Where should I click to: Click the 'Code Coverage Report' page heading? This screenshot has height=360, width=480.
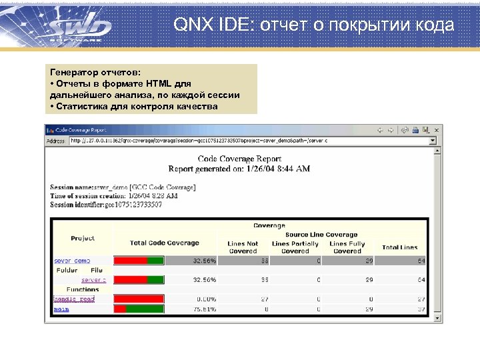(239, 159)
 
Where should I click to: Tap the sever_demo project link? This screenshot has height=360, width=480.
(71, 261)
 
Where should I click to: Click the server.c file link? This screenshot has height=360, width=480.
(93, 280)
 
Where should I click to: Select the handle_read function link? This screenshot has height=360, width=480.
(73, 299)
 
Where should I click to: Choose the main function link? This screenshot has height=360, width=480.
(61, 309)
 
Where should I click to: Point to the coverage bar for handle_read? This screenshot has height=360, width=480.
(139, 299)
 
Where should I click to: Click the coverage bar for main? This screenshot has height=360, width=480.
(139, 309)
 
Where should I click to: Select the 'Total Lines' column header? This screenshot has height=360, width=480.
(399, 247)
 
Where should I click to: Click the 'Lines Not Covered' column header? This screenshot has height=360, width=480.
(243, 247)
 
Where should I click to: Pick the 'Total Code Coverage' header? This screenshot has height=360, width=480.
(164, 243)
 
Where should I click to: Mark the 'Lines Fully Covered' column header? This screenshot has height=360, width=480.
(347, 247)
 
